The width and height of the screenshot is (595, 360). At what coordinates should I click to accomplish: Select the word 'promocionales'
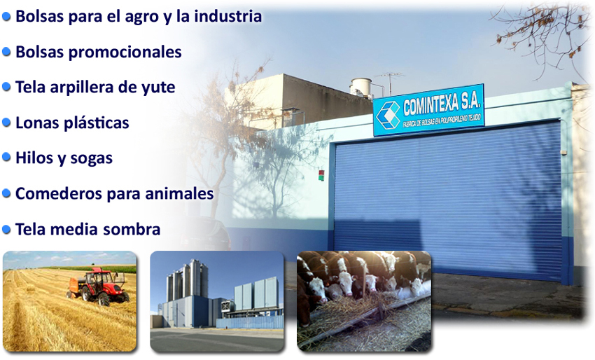pyautogui.click(x=125, y=53)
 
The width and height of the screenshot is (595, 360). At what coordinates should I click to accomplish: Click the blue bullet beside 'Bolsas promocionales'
pyautogui.click(x=6, y=52)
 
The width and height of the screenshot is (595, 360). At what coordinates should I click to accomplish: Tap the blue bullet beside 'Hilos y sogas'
pyautogui.click(x=6, y=157)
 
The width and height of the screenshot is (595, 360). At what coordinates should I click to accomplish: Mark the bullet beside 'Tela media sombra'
pyautogui.click(x=6, y=229)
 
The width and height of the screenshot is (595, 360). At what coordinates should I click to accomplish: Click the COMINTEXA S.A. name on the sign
pyautogui.click(x=442, y=104)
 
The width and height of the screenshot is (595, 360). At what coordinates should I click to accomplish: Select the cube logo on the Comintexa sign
pyautogui.click(x=388, y=114)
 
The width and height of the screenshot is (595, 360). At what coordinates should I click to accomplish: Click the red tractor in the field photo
pyautogui.click(x=98, y=286)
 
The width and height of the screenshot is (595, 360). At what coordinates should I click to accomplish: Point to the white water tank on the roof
pyautogui.click(x=360, y=87)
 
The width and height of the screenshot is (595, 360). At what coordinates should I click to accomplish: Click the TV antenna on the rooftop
pyautogui.click(x=389, y=83)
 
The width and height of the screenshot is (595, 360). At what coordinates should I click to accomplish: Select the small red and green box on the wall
pyautogui.click(x=321, y=175)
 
